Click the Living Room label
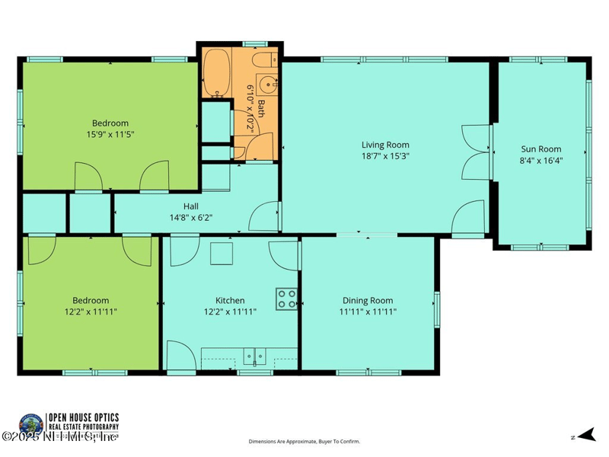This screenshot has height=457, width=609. click(384, 145)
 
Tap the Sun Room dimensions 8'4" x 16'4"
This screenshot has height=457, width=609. click(540, 161)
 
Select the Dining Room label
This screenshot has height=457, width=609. click(368, 300)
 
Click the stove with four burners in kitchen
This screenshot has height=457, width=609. click(287, 299)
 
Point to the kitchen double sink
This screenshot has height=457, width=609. click(253, 355)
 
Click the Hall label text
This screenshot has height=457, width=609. click(191, 206)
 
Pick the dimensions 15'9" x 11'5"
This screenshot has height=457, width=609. click(110, 134)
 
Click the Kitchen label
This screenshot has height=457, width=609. click(229, 300)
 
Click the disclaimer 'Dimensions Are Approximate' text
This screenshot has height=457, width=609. click(304, 442)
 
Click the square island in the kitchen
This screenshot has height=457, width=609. click(222, 253)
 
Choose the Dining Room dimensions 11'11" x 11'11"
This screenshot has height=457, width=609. click(368, 312)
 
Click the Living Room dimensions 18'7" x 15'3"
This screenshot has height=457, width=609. click(384, 156)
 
